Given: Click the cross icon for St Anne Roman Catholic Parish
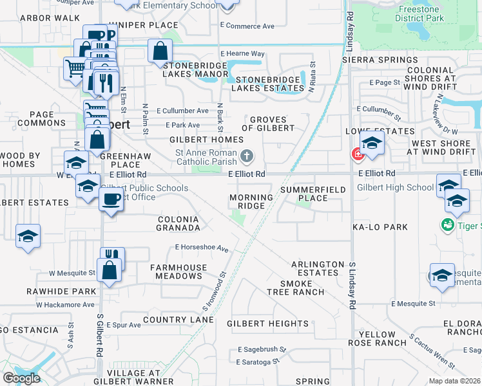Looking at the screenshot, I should click(247, 156).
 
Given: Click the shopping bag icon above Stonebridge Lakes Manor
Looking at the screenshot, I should click(160, 51).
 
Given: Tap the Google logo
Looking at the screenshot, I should click(21, 378).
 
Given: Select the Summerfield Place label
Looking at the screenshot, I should click(313, 194).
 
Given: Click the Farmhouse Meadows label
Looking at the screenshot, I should click(178, 271).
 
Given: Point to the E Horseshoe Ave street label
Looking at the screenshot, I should click(202, 248).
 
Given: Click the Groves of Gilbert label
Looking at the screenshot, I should click(272, 124).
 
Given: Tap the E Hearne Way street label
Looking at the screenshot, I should click(242, 53).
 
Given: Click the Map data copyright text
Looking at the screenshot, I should click(454, 381).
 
